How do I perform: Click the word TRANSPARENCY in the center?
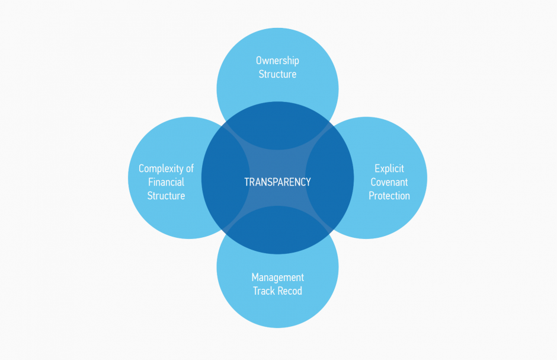(x=277, y=182)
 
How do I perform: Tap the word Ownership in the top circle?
(x=277, y=60)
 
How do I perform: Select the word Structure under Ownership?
(x=277, y=74)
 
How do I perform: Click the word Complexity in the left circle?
(x=157, y=169)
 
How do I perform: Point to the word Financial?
(x=166, y=182)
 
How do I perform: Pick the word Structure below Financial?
(x=166, y=196)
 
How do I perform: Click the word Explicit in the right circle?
(x=389, y=169)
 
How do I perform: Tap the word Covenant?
(x=389, y=182)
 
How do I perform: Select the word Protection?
(x=389, y=196)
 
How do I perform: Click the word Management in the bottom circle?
(x=277, y=278)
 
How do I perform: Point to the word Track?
(x=264, y=291)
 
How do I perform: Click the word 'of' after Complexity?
(x=189, y=169)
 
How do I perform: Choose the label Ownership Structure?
(x=277, y=67)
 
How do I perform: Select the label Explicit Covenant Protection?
(x=389, y=182)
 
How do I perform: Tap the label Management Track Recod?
(x=277, y=284)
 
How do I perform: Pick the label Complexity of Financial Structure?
(x=166, y=182)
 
